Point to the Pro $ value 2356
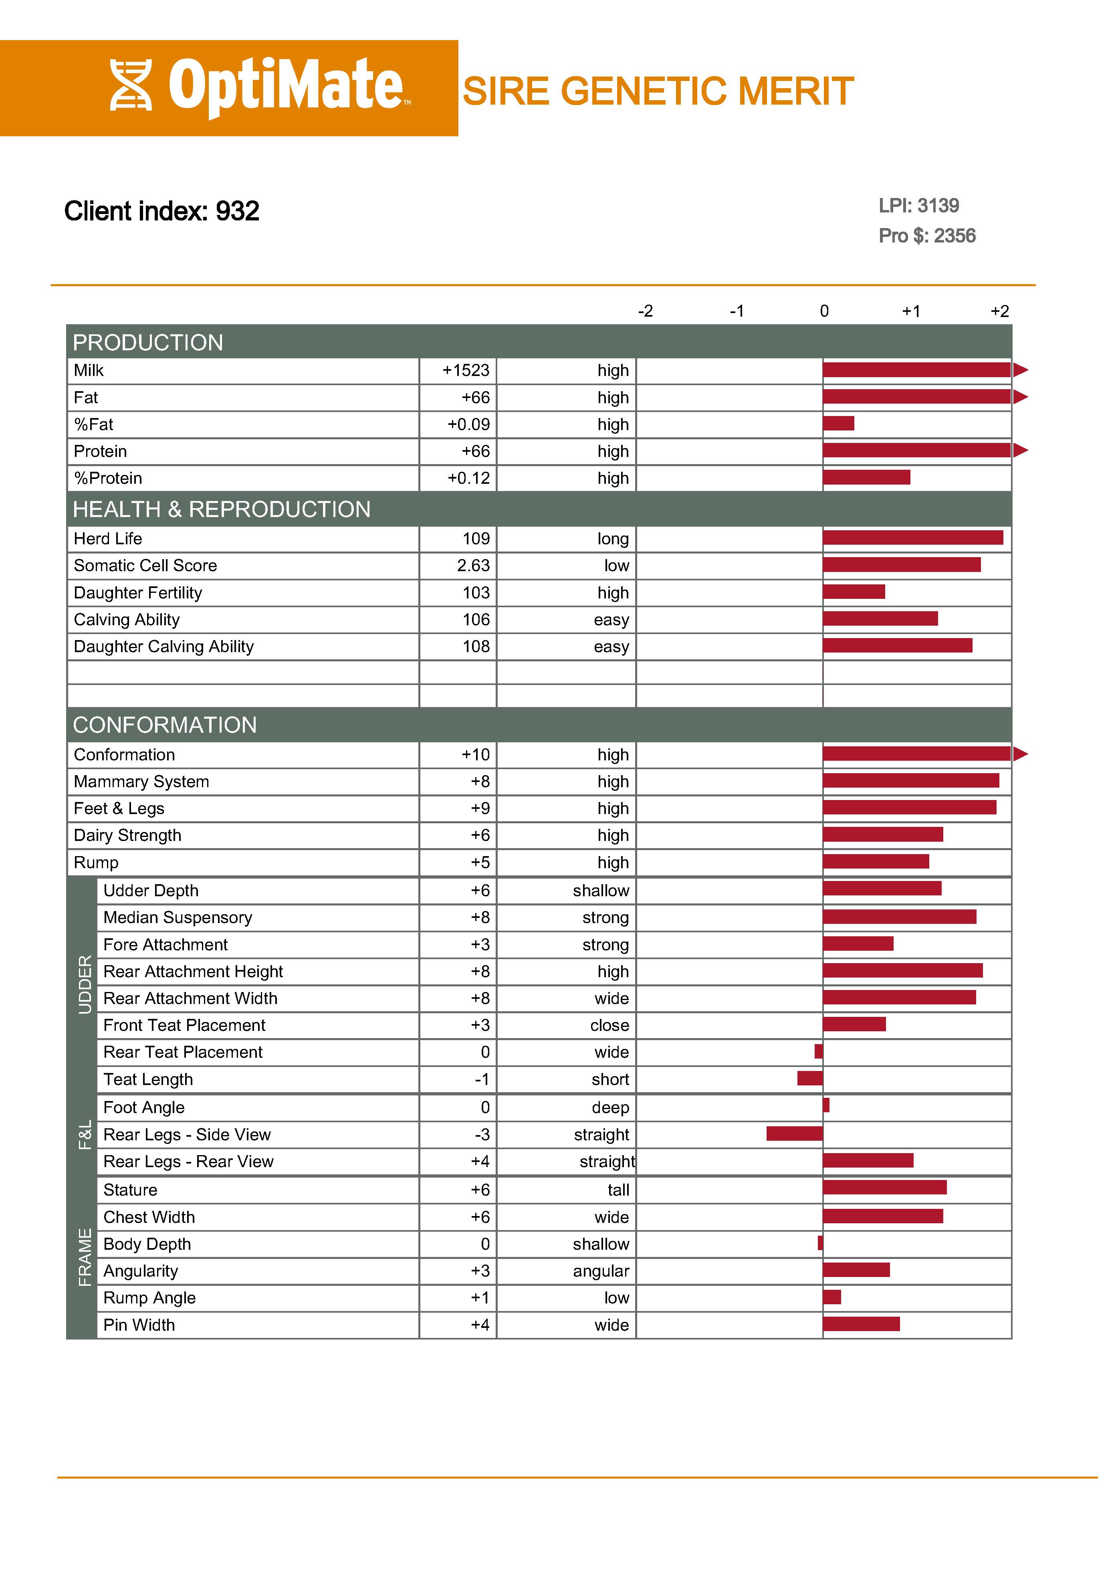click(955, 236)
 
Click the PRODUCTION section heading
click(148, 342)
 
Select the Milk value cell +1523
click(466, 370)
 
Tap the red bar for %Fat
click(838, 423)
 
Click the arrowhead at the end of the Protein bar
click(1020, 450)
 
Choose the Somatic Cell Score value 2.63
click(473, 566)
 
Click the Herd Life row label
click(108, 539)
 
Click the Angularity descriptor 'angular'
click(601, 1271)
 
